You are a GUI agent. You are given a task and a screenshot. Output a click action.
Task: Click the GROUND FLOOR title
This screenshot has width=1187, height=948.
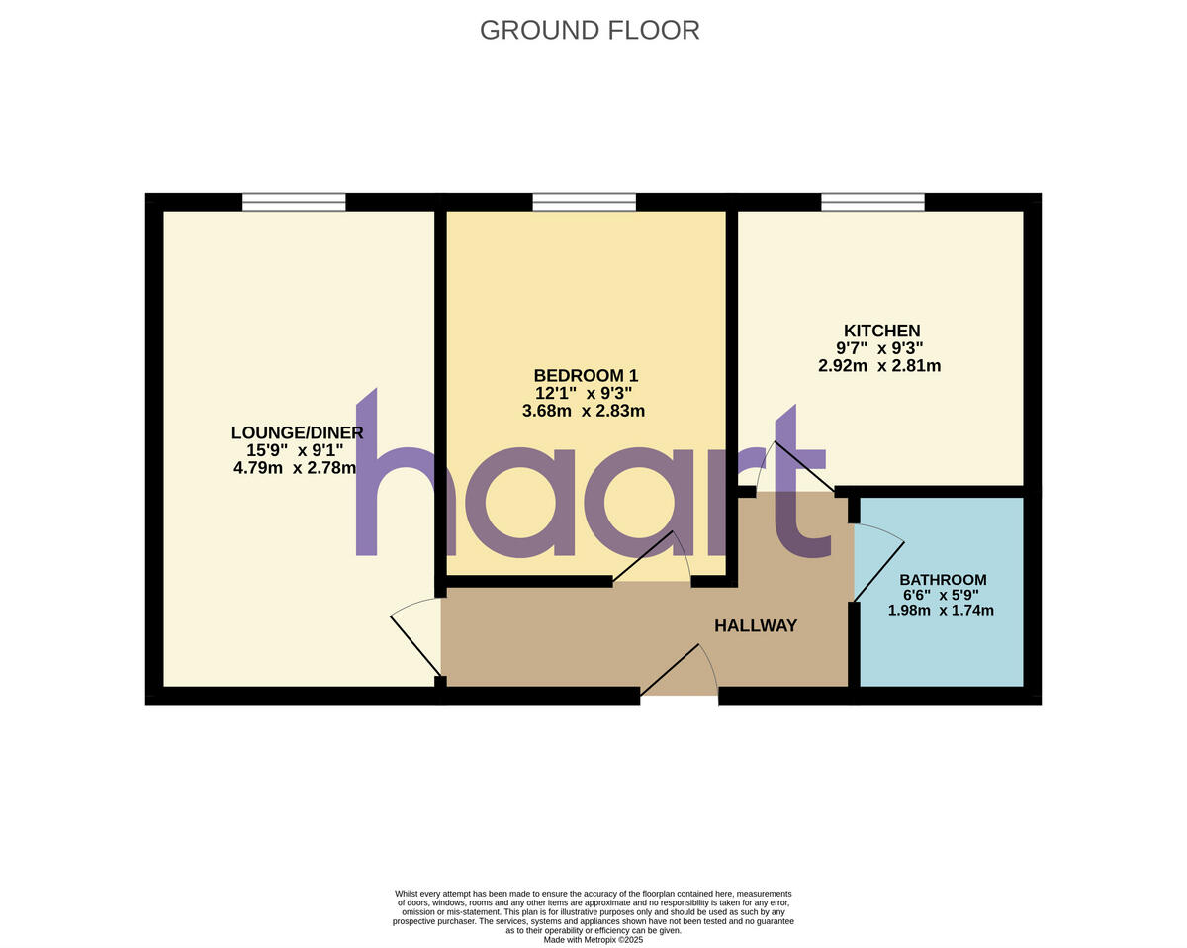[590, 30]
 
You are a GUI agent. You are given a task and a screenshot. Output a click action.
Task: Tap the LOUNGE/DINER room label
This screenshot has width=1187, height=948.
[297, 432]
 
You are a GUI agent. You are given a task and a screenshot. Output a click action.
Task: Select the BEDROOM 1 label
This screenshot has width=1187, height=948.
[586, 376]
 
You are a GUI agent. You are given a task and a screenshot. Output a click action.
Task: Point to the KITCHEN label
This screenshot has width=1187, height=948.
[881, 331]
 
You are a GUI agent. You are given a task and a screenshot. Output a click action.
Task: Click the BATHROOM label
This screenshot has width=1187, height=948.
[943, 580]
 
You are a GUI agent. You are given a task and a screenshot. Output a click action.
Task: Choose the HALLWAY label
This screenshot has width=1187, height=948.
[756, 625]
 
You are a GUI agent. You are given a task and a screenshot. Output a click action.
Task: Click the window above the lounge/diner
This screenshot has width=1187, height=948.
[294, 202]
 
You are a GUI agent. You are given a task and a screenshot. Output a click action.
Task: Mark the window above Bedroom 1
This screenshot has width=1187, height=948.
[584, 202]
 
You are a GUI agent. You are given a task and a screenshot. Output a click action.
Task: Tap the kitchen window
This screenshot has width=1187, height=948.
[872, 202]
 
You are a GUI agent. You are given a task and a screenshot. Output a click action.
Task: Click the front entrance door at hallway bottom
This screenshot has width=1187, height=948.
[681, 673]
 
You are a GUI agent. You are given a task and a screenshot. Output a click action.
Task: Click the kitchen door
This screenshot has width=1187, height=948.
[791, 465]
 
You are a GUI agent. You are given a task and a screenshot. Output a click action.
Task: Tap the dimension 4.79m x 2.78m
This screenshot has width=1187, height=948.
[294, 468]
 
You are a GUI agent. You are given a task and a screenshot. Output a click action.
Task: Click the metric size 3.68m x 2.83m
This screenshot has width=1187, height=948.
[584, 411]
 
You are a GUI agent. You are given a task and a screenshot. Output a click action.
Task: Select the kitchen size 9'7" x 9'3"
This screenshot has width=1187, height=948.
[879, 348]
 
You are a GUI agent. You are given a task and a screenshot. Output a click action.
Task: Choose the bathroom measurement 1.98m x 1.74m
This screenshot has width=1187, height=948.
[941, 611]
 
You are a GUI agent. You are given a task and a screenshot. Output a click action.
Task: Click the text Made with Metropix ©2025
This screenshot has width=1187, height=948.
[593, 940]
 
